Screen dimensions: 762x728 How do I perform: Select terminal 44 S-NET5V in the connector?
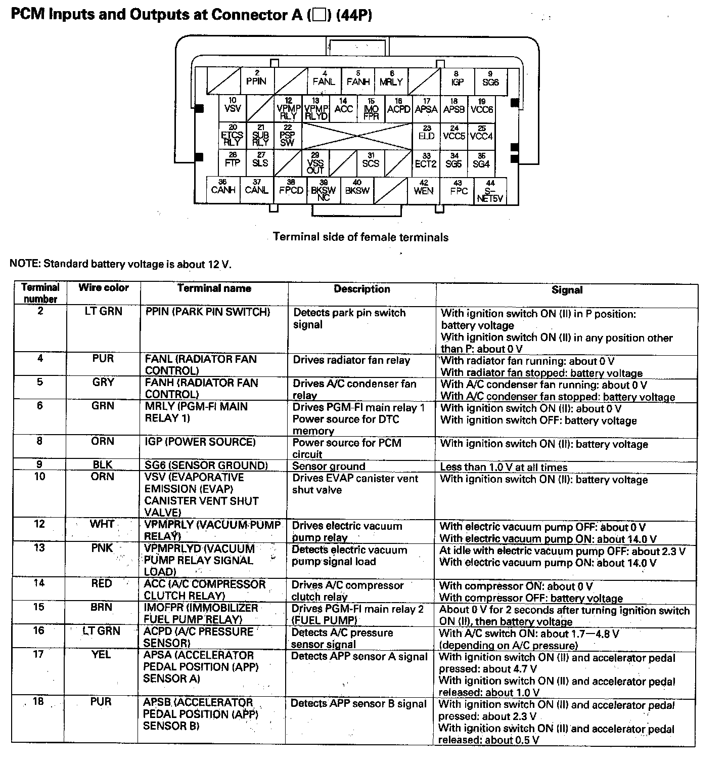490,191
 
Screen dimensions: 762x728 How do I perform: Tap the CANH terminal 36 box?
223,189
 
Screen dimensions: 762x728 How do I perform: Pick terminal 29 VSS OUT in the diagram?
315,163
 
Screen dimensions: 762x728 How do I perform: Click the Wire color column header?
103,288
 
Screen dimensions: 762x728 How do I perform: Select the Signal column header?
567,290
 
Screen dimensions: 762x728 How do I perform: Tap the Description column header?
361,289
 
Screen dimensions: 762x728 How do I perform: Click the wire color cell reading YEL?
101,655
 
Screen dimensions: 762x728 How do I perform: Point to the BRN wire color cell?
101,607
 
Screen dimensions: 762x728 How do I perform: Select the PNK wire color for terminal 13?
102,548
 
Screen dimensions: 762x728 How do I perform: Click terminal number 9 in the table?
40,464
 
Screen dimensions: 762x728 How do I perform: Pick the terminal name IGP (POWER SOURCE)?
200,442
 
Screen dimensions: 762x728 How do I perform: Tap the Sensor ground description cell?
329,466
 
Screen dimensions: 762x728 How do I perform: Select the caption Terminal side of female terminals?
360,237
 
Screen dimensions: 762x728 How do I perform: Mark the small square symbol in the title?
318,15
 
